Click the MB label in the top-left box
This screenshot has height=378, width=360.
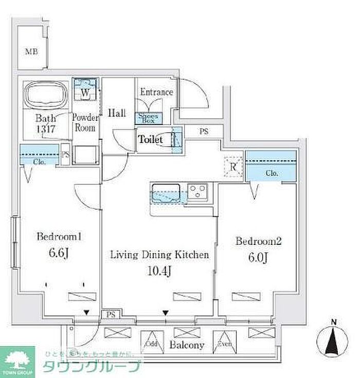pyautogui.click(x=32, y=51)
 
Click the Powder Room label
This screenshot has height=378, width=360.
pyautogui.click(x=85, y=123)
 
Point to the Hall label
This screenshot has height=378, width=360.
pyautogui.click(x=117, y=113)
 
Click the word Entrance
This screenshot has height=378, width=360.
pyautogui.click(x=156, y=93)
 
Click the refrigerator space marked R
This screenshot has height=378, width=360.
pyautogui.click(x=233, y=167)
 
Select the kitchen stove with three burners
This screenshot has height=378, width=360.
pyautogui.click(x=197, y=193)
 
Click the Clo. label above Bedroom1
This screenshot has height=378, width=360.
pyautogui.click(x=39, y=161)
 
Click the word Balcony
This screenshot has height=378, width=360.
pyautogui.click(x=188, y=345)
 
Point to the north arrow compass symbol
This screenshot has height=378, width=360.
pyautogui.click(x=334, y=340)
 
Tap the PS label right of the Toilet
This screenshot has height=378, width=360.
pyautogui.click(x=205, y=131)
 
